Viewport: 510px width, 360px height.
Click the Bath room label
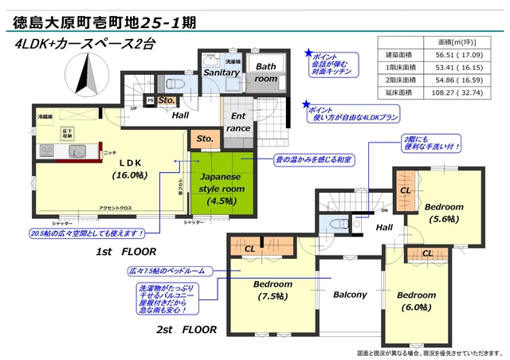point(266,73)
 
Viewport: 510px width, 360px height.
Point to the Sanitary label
point(220,72)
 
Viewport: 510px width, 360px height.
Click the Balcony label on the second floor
point(349,295)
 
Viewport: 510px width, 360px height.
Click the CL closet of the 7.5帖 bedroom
point(250,248)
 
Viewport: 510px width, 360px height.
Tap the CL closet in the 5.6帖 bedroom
point(405,190)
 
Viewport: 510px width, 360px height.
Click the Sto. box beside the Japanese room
point(205,139)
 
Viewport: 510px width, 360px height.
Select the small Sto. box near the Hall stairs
point(166,100)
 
